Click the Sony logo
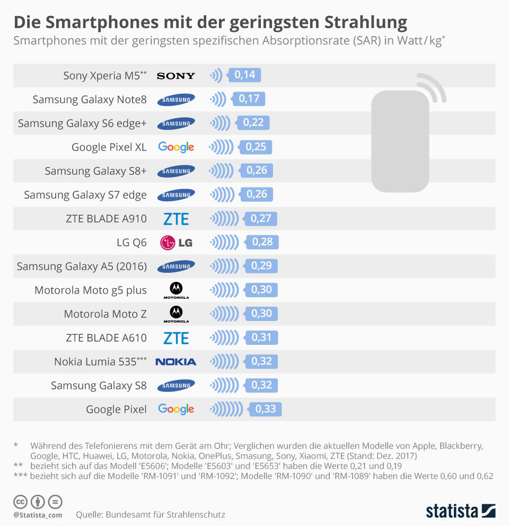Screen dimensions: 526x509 pos(176,76)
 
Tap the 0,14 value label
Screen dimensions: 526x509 pos(244,75)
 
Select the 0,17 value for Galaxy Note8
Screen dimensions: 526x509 pos(249,99)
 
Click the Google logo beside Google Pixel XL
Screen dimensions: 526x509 pos(176,147)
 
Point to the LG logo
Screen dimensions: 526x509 pos(176,243)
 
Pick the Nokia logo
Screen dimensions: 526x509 pos(176,362)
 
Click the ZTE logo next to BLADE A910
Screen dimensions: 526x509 pos(176,219)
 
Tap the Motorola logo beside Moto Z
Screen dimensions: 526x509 pos(176,314)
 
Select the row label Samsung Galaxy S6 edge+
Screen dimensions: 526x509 pos(82,123)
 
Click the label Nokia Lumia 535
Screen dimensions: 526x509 pos(100,362)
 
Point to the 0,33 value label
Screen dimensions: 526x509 pos(266,409)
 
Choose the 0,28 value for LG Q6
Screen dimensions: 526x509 pos(262,242)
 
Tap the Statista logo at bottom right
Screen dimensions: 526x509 pos(461,511)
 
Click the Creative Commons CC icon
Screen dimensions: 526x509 pos(21,502)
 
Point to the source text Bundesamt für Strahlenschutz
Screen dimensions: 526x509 pos(165,514)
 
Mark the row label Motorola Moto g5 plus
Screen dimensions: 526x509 pos(91,290)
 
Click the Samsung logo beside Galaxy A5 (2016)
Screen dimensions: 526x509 pos(176,266)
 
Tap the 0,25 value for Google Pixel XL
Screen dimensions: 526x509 pos(256,147)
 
